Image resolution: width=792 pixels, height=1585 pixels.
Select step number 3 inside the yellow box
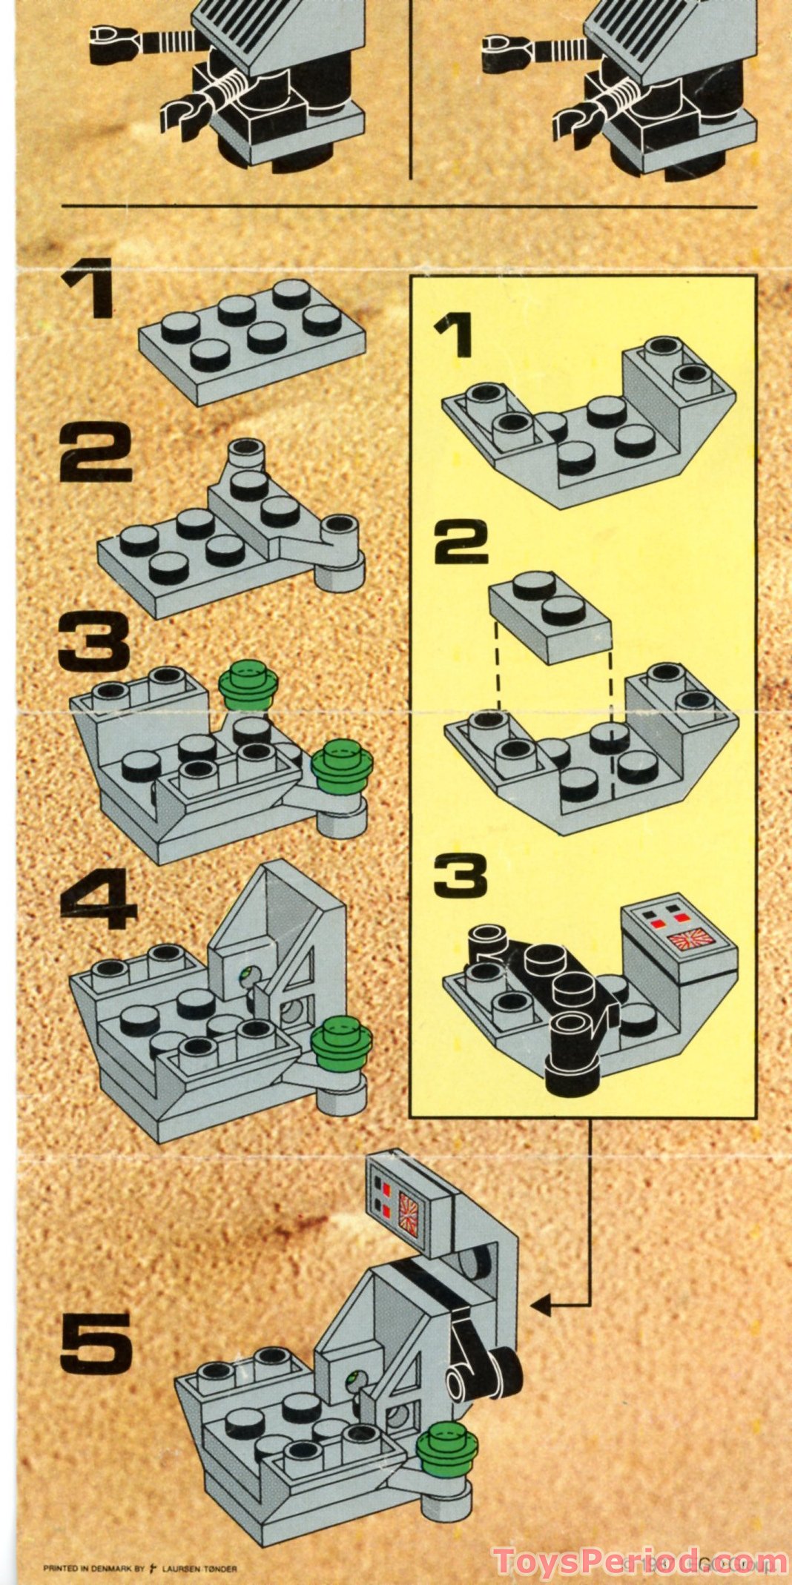tap(461, 875)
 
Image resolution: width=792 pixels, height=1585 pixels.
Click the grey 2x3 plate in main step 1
tap(252, 341)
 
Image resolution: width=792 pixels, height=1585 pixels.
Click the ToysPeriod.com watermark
tap(638, 1560)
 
